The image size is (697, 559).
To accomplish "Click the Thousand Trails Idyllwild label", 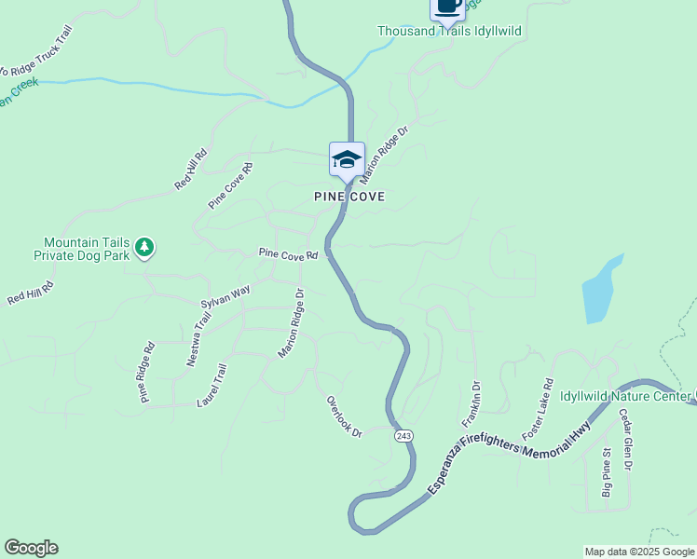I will [448, 31].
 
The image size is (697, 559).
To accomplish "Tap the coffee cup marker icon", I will [447, 7].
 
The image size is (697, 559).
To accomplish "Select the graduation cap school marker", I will [347, 159].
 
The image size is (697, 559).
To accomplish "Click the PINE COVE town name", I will [349, 198].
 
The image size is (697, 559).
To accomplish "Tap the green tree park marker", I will [144, 247].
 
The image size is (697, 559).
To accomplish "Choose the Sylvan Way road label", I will [225, 297].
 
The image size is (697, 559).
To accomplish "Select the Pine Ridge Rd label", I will [146, 373].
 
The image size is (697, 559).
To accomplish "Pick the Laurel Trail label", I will [212, 386].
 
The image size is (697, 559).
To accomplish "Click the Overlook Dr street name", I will [343, 416].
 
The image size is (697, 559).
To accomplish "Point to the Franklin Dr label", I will [470, 405].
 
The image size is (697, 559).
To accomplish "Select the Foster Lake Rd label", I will [538, 409].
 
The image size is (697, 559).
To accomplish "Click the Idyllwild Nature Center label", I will [624, 395].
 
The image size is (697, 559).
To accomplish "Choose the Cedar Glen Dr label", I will [624, 439].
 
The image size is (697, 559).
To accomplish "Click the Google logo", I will [31, 548].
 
